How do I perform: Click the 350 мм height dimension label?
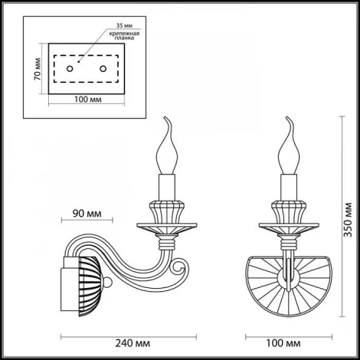[348, 221]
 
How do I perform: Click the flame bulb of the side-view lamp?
[169, 150]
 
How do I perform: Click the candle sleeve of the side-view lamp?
[169, 186]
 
